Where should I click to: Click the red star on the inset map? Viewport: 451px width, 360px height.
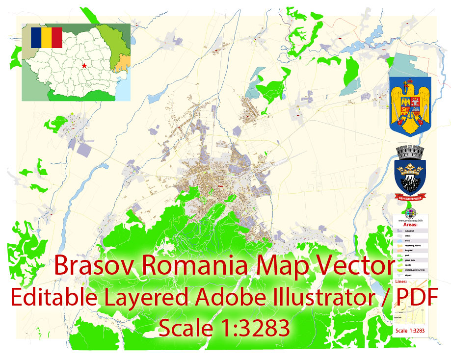(x=84, y=65)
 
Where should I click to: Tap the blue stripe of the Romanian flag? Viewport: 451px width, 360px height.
(x=36, y=37)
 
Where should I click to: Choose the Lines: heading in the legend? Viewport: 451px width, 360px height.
(x=400, y=282)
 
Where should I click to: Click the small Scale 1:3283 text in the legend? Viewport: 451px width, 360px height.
(x=409, y=331)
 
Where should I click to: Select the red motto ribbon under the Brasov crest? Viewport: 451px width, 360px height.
(x=410, y=197)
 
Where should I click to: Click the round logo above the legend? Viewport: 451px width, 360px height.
(x=411, y=212)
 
